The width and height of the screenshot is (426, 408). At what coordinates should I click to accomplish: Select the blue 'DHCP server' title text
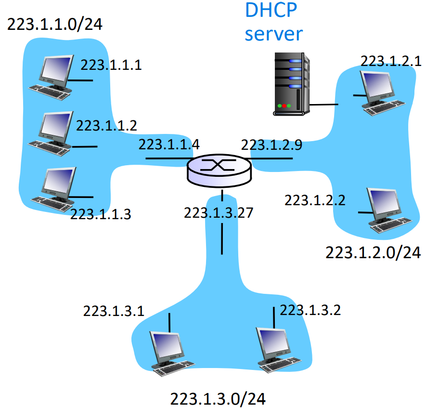(x=274, y=22)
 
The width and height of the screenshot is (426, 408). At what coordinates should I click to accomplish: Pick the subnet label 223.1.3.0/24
(x=218, y=398)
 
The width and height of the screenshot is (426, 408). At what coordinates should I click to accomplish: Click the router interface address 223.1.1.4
(x=169, y=144)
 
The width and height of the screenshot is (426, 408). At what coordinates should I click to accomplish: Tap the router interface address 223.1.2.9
(x=271, y=145)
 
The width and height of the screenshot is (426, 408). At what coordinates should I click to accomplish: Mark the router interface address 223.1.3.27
(x=218, y=212)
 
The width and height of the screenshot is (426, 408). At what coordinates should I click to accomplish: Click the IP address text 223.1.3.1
(x=114, y=311)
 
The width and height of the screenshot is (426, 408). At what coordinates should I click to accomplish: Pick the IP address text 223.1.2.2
(x=315, y=199)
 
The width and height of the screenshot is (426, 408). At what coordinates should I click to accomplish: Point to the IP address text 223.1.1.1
(x=111, y=65)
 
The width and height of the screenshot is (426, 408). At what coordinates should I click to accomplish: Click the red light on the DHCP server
(x=284, y=105)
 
